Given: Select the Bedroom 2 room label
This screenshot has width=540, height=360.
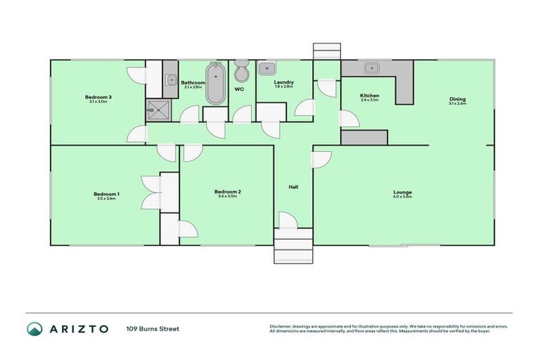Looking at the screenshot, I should pyautogui.click(x=227, y=192).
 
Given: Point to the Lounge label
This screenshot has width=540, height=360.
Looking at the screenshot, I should pyautogui.click(x=403, y=192).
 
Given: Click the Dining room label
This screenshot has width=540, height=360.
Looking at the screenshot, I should pyautogui.click(x=458, y=99).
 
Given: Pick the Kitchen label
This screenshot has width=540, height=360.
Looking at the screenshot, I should pyautogui.click(x=370, y=96).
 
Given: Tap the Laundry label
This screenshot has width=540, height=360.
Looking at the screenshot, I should pyautogui.click(x=284, y=83).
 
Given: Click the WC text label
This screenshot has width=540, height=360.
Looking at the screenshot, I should pyautogui.click(x=239, y=89).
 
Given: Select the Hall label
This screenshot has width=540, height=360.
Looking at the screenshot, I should pyautogui.click(x=293, y=187).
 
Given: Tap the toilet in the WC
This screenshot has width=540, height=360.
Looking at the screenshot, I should pyautogui.click(x=241, y=72).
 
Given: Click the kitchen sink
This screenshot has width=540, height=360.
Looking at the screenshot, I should pyautogui.click(x=371, y=68).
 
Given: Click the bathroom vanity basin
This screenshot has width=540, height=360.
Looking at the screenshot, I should pyautogui.click(x=171, y=79).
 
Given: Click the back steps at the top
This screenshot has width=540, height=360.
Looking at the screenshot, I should pyautogui.click(x=326, y=51).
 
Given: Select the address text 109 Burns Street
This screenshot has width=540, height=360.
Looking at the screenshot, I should pyautogui.click(x=153, y=329).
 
